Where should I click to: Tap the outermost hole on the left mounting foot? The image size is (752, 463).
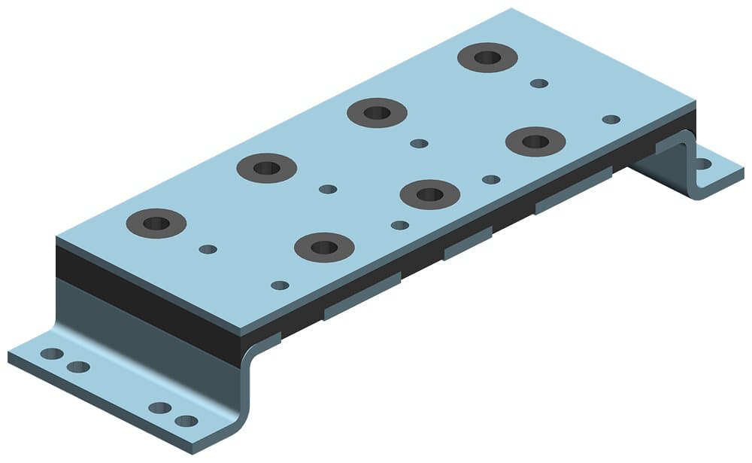[x=51, y=354]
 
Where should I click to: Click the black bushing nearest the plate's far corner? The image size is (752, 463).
[x=488, y=57]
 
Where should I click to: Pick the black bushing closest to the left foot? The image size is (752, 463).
[x=156, y=223]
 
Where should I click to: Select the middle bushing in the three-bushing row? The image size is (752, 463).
[x=429, y=194]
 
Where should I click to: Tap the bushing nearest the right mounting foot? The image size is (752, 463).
[x=535, y=141]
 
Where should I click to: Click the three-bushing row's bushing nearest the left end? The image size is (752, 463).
[x=323, y=247]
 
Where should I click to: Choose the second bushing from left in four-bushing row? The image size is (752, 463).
[x=266, y=167]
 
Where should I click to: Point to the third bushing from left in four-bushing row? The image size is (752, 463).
[x=377, y=113]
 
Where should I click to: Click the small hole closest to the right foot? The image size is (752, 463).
[x=611, y=119]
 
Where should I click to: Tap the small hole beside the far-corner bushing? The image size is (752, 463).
[x=538, y=83]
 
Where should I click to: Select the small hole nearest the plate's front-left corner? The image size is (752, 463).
[x=279, y=285]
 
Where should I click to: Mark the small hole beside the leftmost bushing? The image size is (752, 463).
[x=208, y=249]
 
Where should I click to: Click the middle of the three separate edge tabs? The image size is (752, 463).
[x=467, y=242]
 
